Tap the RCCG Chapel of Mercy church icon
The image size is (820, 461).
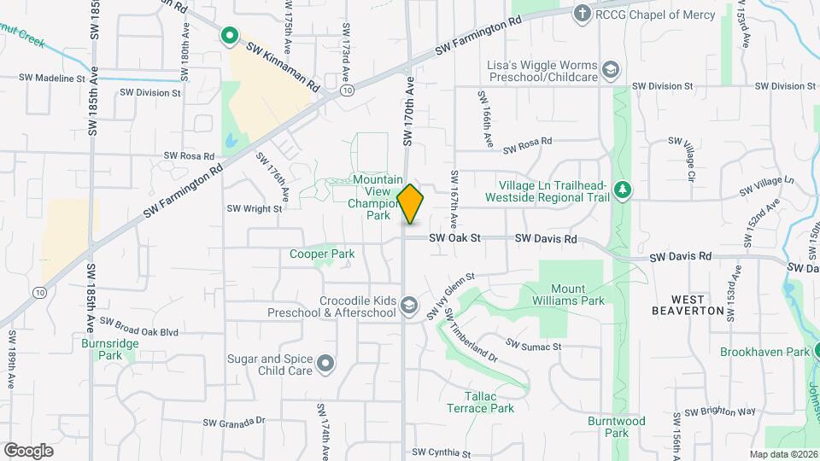582,13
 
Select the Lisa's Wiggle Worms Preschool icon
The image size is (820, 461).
611,69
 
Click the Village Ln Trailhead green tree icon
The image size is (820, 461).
624,189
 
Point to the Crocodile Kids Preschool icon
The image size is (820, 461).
409,305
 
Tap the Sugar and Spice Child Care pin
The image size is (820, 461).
325,365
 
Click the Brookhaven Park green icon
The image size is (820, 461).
818,351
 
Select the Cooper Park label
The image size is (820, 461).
321,254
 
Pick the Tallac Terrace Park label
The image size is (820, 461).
480,402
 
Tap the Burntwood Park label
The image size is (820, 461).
616,426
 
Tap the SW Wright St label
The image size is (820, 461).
255,208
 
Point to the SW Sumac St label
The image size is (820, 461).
533,346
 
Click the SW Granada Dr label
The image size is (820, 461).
235,422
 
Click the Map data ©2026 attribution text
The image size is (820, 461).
782,454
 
